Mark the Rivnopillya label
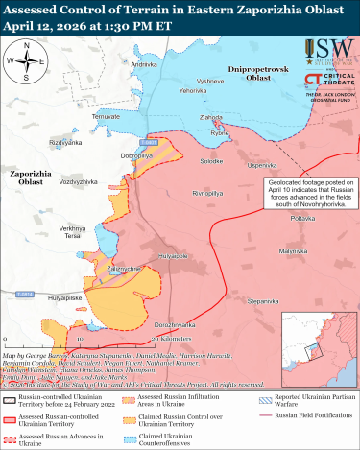click(207, 193)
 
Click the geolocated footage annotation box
click(307, 191)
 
